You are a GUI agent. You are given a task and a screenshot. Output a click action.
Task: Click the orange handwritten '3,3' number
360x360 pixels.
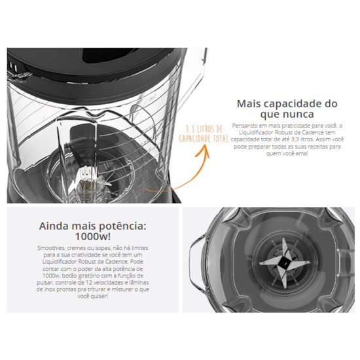[x=192, y=129]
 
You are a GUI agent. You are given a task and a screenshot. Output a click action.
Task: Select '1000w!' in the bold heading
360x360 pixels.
[x=91, y=236]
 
